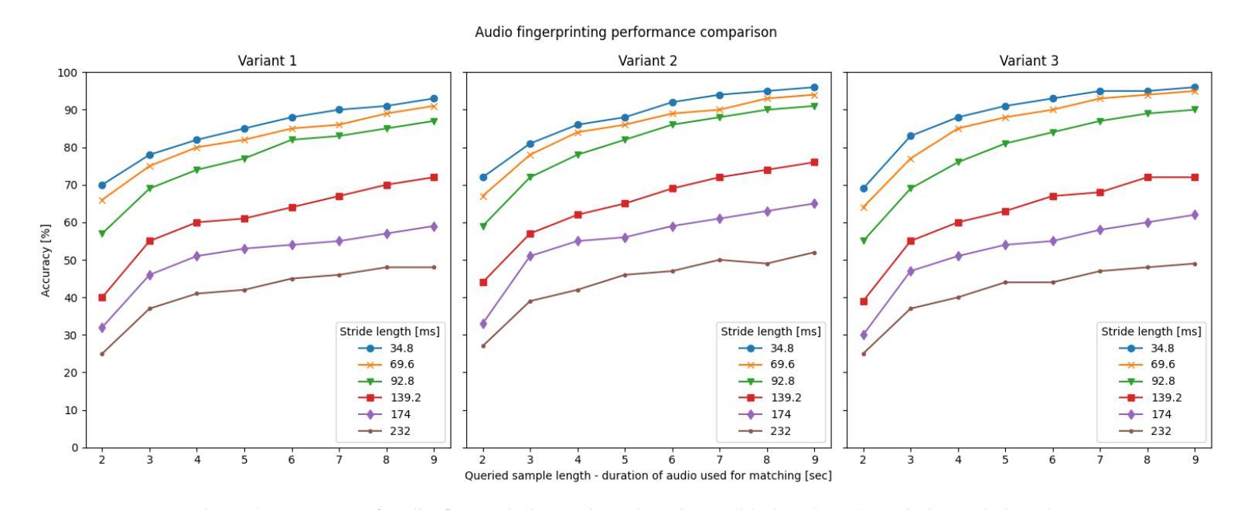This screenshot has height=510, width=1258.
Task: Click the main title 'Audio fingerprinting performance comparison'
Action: (x=626, y=32)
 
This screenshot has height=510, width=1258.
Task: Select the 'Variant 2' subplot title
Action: (x=648, y=61)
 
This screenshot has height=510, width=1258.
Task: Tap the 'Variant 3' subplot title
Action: (x=1028, y=61)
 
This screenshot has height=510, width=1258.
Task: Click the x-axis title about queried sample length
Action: (x=648, y=476)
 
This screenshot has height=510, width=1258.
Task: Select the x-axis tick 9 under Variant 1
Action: (x=434, y=460)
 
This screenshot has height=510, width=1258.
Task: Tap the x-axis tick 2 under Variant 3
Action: (x=864, y=460)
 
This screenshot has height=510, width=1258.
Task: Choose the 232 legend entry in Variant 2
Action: (x=782, y=431)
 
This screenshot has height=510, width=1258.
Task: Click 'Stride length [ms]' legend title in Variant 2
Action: (x=771, y=331)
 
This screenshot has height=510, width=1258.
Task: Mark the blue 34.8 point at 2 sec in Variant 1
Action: (x=102, y=185)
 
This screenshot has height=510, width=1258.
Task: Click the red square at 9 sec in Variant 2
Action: (x=814, y=162)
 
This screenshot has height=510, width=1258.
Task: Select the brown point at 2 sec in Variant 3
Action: (x=864, y=354)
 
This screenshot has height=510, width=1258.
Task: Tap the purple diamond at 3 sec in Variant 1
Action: (x=150, y=275)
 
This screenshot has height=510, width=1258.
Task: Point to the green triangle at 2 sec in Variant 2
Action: (x=483, y=226)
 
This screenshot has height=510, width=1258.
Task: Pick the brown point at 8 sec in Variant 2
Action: (x=767, y=263)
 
